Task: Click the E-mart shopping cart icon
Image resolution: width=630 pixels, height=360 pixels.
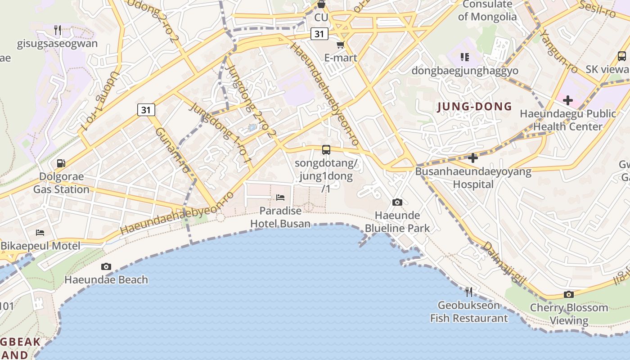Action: tap(340, 45)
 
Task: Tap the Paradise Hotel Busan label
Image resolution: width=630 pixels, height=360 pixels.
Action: tap(280, 217)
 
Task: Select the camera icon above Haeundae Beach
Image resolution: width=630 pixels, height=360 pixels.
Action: tap(106, 266)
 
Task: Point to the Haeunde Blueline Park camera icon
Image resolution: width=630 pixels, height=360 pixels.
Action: tap(397, 202)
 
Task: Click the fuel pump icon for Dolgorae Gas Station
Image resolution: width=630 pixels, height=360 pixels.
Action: tap(61, 163)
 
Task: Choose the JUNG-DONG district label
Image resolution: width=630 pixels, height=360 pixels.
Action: tap(474, 107)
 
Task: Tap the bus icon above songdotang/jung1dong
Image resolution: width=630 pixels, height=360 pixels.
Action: tap(326, 150)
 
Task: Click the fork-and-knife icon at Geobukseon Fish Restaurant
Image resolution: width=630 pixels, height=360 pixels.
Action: tap(469, 292)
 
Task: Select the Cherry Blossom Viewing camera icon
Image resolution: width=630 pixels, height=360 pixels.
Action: tap(569, 295)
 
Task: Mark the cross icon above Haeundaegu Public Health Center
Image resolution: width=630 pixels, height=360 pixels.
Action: tap(567, 100)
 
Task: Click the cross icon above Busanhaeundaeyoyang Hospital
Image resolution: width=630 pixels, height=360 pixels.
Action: tap(472, 158)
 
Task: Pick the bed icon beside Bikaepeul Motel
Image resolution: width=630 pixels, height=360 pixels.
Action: tap(40, 233)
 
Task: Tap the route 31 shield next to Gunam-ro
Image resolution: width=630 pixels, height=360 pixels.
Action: tap(146, 110)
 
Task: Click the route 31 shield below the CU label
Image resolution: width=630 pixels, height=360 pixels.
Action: tap(319, 34)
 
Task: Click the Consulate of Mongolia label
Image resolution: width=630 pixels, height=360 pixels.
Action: tap(487, 11)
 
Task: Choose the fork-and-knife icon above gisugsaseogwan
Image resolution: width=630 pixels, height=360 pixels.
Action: tap(58, 30)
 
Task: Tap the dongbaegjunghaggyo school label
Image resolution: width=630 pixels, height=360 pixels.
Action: tap(465, 71)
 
